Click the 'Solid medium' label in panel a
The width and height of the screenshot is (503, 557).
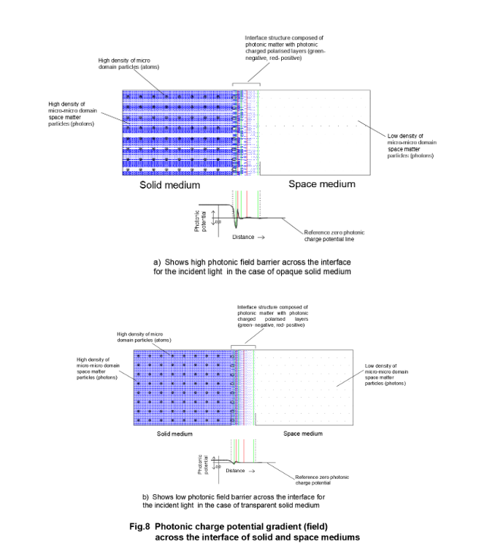pyautogui.click(x=170, y=186)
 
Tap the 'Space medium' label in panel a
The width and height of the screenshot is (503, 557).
pyautogui.click(x=322, y=184)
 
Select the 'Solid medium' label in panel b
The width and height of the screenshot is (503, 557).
pyautogui.click(x=174, y=433)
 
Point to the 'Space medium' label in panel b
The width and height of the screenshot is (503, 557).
pyautogui.click(x=302, y=433)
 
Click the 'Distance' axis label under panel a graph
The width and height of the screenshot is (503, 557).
pyautogui.click(x=244, y=237)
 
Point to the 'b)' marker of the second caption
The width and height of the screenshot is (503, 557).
pyautogui.click(x=146, y=496)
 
